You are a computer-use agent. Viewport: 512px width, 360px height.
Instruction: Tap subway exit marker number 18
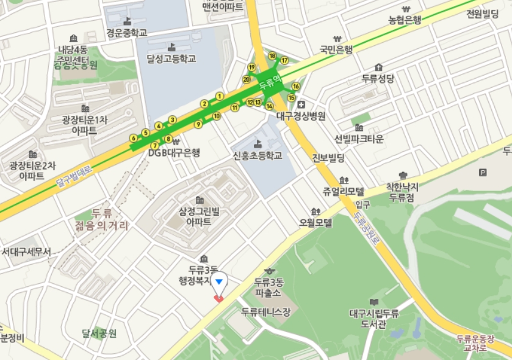pyautogui.click(x=272, y=56)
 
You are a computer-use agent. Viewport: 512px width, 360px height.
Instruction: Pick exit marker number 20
pyautogui.click(x=247, y=79)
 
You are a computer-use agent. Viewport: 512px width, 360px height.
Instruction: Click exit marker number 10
pyautogui.click(x=216, y=116)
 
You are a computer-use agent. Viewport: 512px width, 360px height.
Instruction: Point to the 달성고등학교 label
pyautogui.click(x=171, y=59)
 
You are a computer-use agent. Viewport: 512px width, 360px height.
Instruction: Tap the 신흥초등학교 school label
pyautogui.click(x=258, y=156)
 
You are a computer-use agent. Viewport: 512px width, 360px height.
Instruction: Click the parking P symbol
pyautogui.click(x=483, y=173)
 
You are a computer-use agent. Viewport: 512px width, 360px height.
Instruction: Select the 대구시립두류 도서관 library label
pyautogui.click(x=374, y=319)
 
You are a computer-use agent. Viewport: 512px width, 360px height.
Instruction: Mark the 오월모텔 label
pyautogui.click(x=315, y=223)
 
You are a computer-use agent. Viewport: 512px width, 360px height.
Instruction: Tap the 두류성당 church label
pyautogui.click(x=378, y=78)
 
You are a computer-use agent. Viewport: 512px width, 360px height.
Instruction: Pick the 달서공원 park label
pyautogui.click(x=99, y=333)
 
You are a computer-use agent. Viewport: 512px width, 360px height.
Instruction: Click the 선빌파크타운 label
pyautogui.click(x=359, y=139)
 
